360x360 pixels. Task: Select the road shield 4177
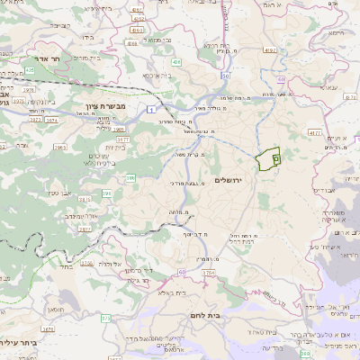(314, 132)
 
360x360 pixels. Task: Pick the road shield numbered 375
(105, 318)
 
